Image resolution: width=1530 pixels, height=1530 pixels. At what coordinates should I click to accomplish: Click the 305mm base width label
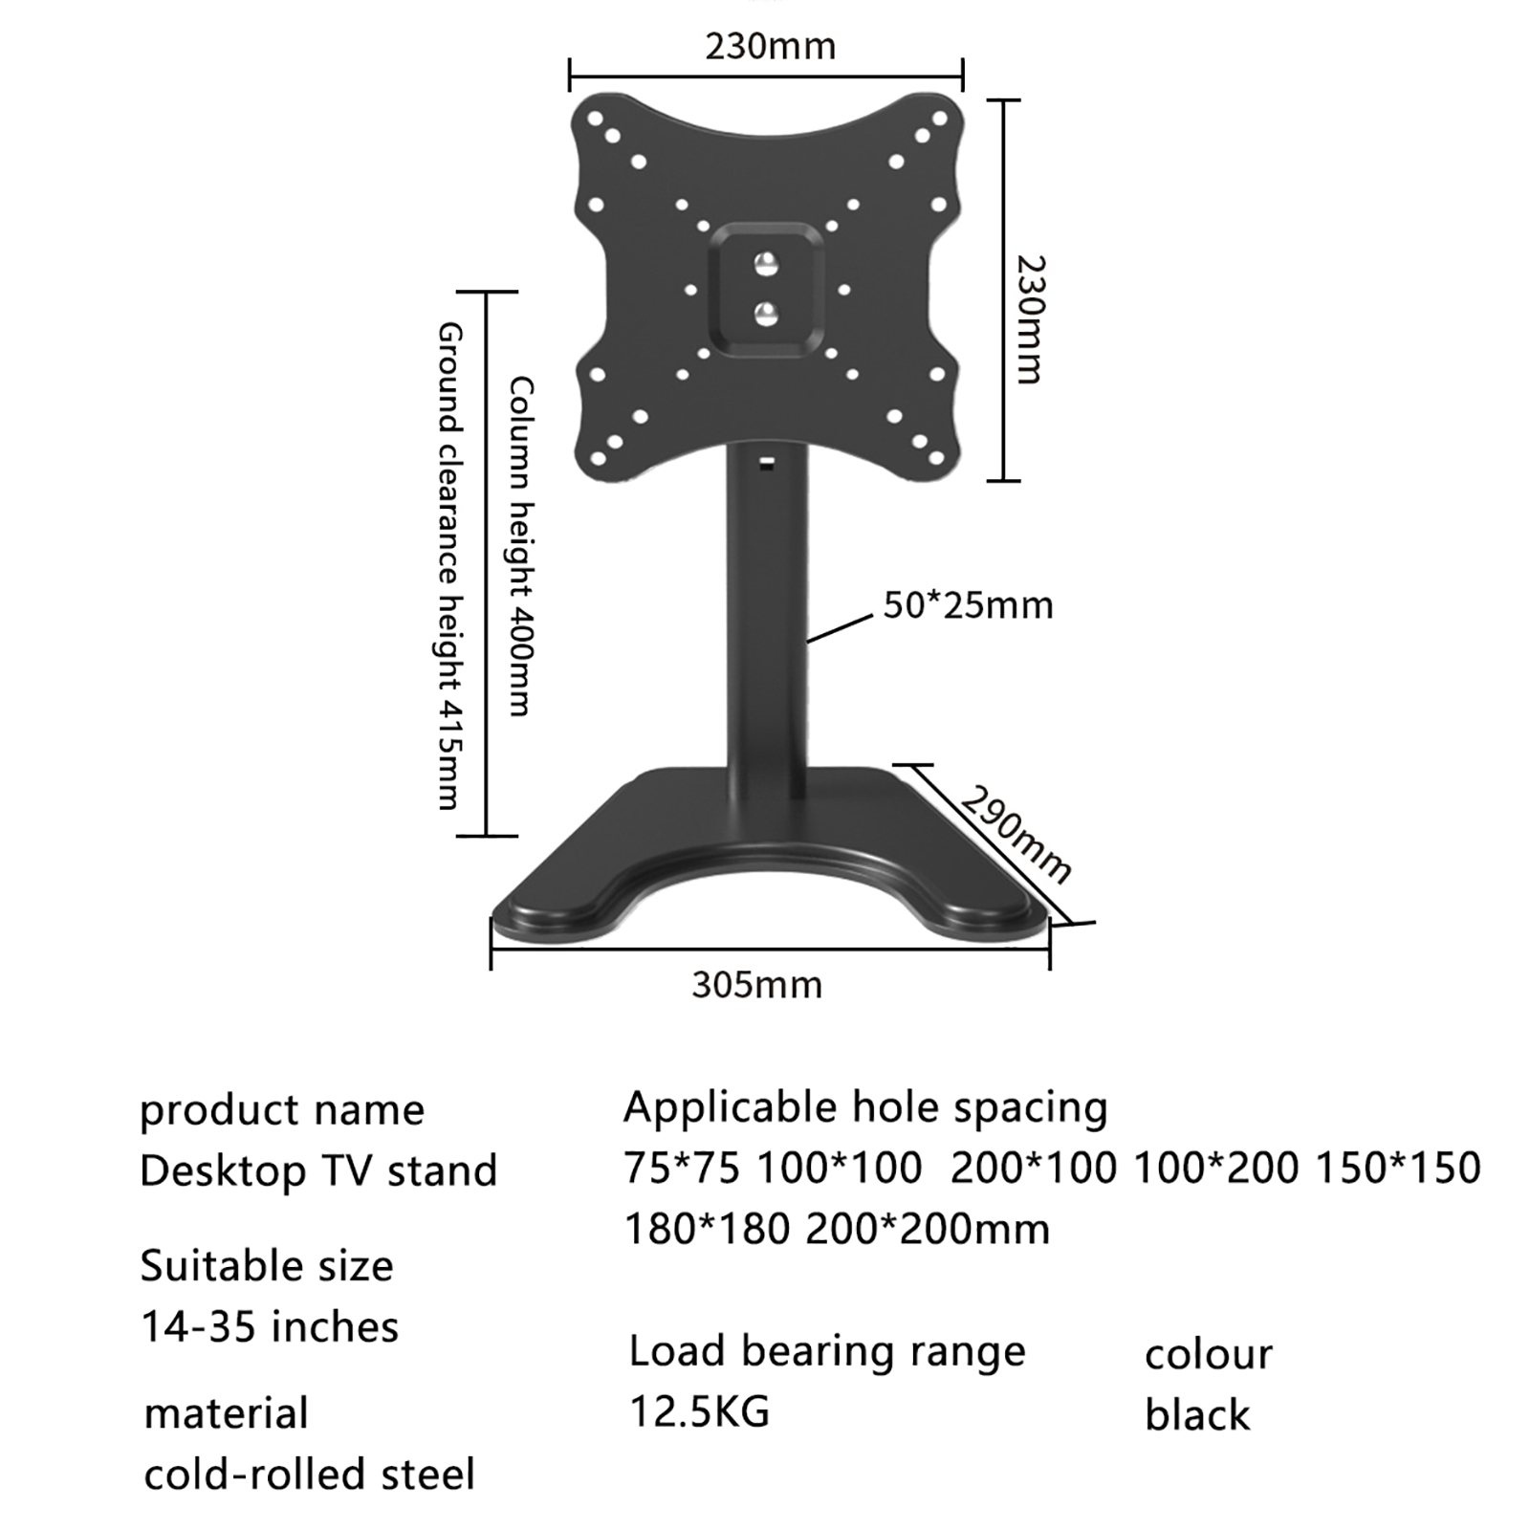756,985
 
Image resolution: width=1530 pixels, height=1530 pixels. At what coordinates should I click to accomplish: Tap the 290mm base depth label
1016,834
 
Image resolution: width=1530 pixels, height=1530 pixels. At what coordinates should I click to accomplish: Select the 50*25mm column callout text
968,605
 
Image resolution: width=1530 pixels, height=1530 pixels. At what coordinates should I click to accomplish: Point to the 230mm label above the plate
770,46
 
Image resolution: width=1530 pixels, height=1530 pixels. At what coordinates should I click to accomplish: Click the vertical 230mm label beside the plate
1029,319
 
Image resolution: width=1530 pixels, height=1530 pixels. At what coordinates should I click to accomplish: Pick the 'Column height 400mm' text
520,546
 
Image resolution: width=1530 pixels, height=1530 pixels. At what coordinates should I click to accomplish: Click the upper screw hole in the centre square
766,263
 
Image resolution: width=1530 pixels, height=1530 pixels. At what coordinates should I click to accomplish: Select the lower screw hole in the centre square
766,313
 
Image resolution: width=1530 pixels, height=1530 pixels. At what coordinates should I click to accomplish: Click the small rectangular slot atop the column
766,466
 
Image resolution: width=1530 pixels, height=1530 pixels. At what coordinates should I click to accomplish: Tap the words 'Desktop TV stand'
318,1170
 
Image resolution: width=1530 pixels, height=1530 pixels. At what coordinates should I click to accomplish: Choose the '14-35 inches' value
270,1327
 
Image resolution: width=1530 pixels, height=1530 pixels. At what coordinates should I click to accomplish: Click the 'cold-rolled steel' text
309,1475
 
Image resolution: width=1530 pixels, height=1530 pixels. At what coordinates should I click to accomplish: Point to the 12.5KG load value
699,1411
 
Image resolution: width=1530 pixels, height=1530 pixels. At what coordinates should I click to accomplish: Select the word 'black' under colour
1197,1415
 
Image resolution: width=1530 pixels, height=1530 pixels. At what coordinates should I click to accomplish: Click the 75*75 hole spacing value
682,1168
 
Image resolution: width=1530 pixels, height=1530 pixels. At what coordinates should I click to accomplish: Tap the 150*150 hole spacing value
1398,1168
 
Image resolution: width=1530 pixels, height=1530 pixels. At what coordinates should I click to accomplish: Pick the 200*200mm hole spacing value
928,1229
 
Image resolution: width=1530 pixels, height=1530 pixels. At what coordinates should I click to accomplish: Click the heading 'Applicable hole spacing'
865,1107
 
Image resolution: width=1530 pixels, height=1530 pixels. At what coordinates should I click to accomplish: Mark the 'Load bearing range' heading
827,1351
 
